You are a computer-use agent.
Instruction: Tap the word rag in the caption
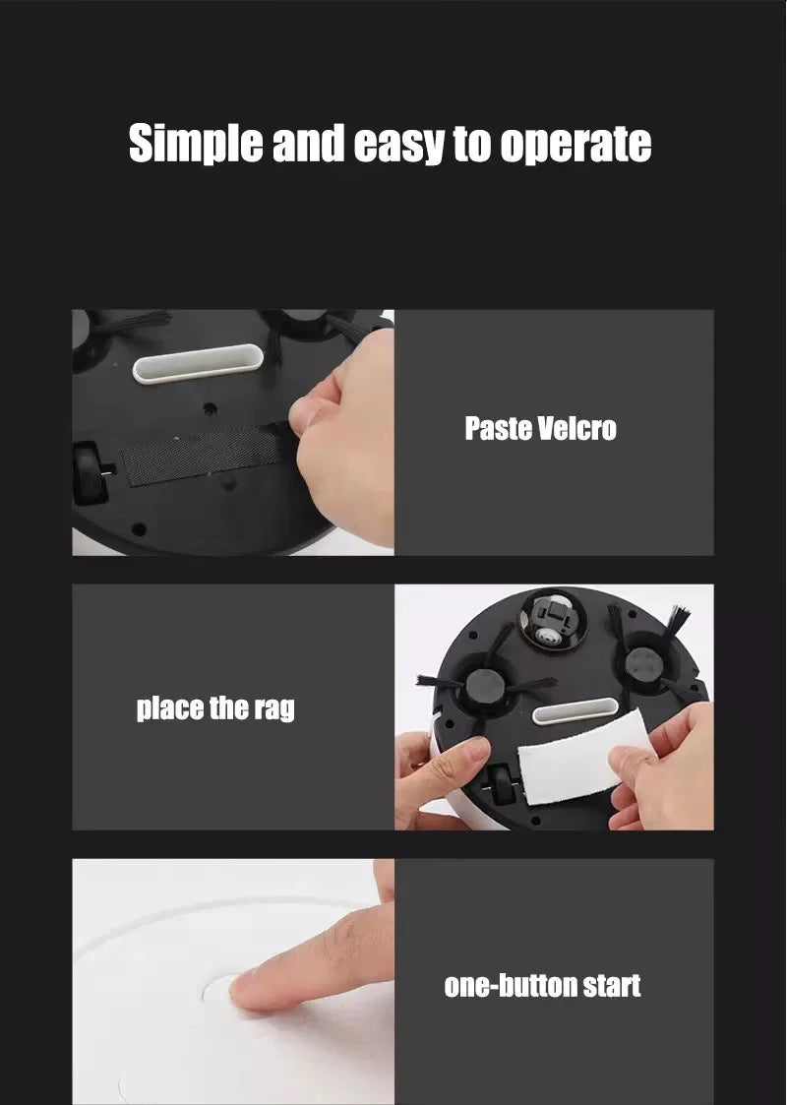(x=274, y=709)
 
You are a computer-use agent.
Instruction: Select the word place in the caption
(x=170, y=708)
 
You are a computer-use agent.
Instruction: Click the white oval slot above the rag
(x=575, y=711)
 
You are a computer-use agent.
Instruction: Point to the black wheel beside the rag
(x=503, y=784)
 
